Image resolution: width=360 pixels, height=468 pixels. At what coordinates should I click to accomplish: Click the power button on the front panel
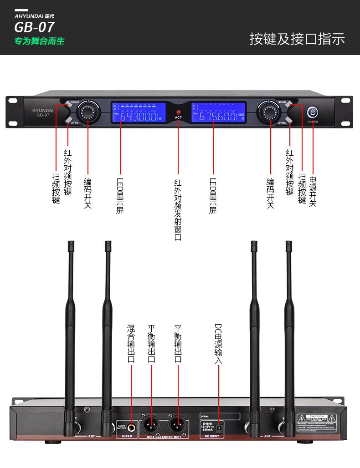313,112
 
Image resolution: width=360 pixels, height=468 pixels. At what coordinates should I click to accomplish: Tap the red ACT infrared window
178,112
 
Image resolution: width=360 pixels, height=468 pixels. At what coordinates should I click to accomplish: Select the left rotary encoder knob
87,112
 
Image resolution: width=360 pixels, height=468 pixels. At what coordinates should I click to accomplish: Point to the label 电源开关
313,191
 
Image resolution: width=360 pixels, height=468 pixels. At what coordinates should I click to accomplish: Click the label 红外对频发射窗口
178,209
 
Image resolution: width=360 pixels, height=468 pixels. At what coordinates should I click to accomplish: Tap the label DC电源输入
218,344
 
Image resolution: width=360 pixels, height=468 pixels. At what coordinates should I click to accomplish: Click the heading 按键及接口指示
297,39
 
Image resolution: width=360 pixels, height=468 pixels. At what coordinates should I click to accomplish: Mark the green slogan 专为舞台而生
40,41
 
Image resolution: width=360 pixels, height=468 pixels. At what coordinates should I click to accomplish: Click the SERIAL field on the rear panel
220,416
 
